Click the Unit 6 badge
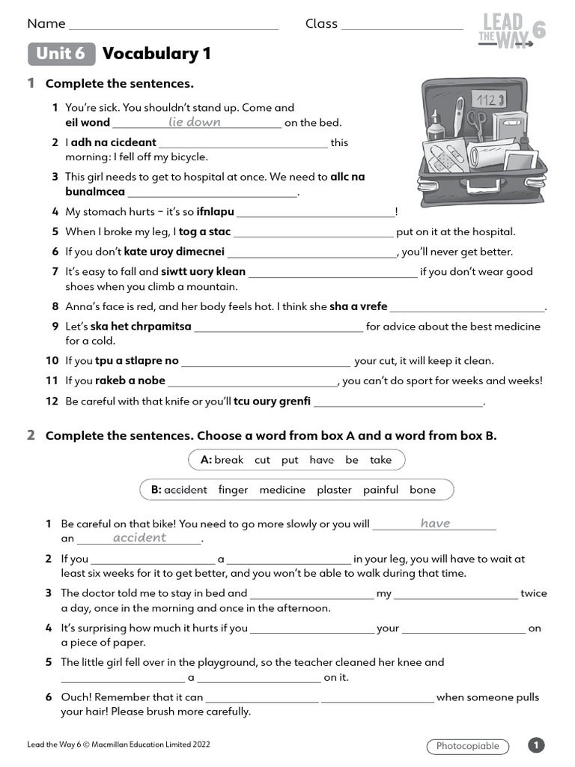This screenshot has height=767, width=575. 61,54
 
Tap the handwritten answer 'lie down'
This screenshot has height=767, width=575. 195,122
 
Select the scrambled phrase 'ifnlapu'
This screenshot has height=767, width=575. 215,212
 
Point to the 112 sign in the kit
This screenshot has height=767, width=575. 487,100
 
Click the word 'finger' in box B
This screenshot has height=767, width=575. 233,490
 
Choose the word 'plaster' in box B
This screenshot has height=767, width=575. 334,490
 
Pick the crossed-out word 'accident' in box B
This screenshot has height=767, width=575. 185,490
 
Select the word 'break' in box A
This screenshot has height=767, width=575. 228,460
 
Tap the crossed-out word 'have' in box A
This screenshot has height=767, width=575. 321,460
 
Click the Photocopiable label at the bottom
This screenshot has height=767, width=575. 468,746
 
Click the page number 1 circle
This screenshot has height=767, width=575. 536,745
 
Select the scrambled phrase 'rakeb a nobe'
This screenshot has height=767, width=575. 130,381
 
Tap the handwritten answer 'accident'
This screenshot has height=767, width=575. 139,538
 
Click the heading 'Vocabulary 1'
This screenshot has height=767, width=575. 156,54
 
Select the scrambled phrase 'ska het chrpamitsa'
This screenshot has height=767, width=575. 141,327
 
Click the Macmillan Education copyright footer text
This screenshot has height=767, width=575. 118,745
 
